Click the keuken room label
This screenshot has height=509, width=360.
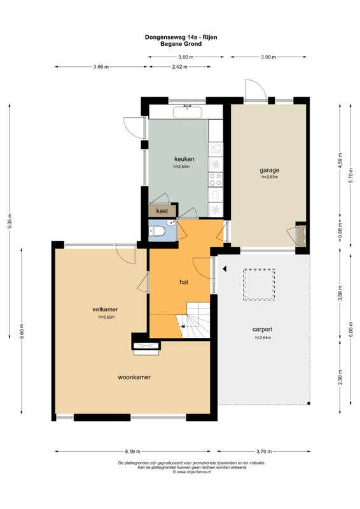(184, 159)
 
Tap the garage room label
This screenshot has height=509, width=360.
(270, 170)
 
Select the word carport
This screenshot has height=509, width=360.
(262, 329)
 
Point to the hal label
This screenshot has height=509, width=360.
(184, 282)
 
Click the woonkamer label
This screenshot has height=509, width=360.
(134, 377)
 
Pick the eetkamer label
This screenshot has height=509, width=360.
(105, 309)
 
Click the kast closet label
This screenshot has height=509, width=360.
(162, 211)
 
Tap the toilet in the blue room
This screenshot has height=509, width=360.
(157, 232)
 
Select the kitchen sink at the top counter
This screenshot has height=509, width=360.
(188, 113)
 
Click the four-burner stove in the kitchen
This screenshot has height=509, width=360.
(216, 179)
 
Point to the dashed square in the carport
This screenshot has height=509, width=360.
(259, 284)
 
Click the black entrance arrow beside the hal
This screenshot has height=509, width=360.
(225, 268)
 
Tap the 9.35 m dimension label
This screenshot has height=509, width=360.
(10, 221)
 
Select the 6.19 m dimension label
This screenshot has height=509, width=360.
(132, 451)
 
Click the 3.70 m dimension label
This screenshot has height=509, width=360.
(264, 451)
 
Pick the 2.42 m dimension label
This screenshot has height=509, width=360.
(179, 67)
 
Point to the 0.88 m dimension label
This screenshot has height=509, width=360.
(340, 231)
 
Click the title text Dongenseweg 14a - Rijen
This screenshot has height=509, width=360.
(181, 38)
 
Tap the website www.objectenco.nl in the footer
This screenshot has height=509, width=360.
(193, 472)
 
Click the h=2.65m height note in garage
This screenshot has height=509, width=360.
(270, 178)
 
